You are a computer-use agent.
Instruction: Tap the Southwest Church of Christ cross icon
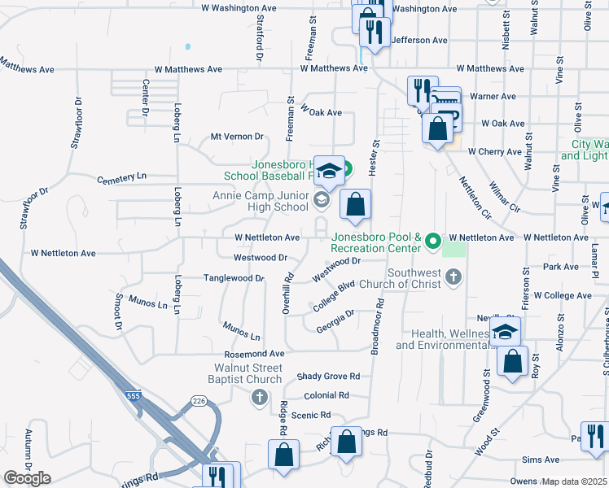[454, 278]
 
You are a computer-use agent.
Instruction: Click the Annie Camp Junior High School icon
[322, 200]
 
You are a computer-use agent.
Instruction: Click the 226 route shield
[197, 400]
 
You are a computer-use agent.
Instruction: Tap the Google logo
[27, 478]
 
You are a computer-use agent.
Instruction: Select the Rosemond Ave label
[255, 355]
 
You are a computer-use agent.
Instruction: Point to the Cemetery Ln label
[122, 176]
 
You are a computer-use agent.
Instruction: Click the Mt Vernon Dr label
[238, 137]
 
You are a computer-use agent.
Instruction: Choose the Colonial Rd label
[326, 395]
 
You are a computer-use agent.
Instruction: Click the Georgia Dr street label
[335, 320]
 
